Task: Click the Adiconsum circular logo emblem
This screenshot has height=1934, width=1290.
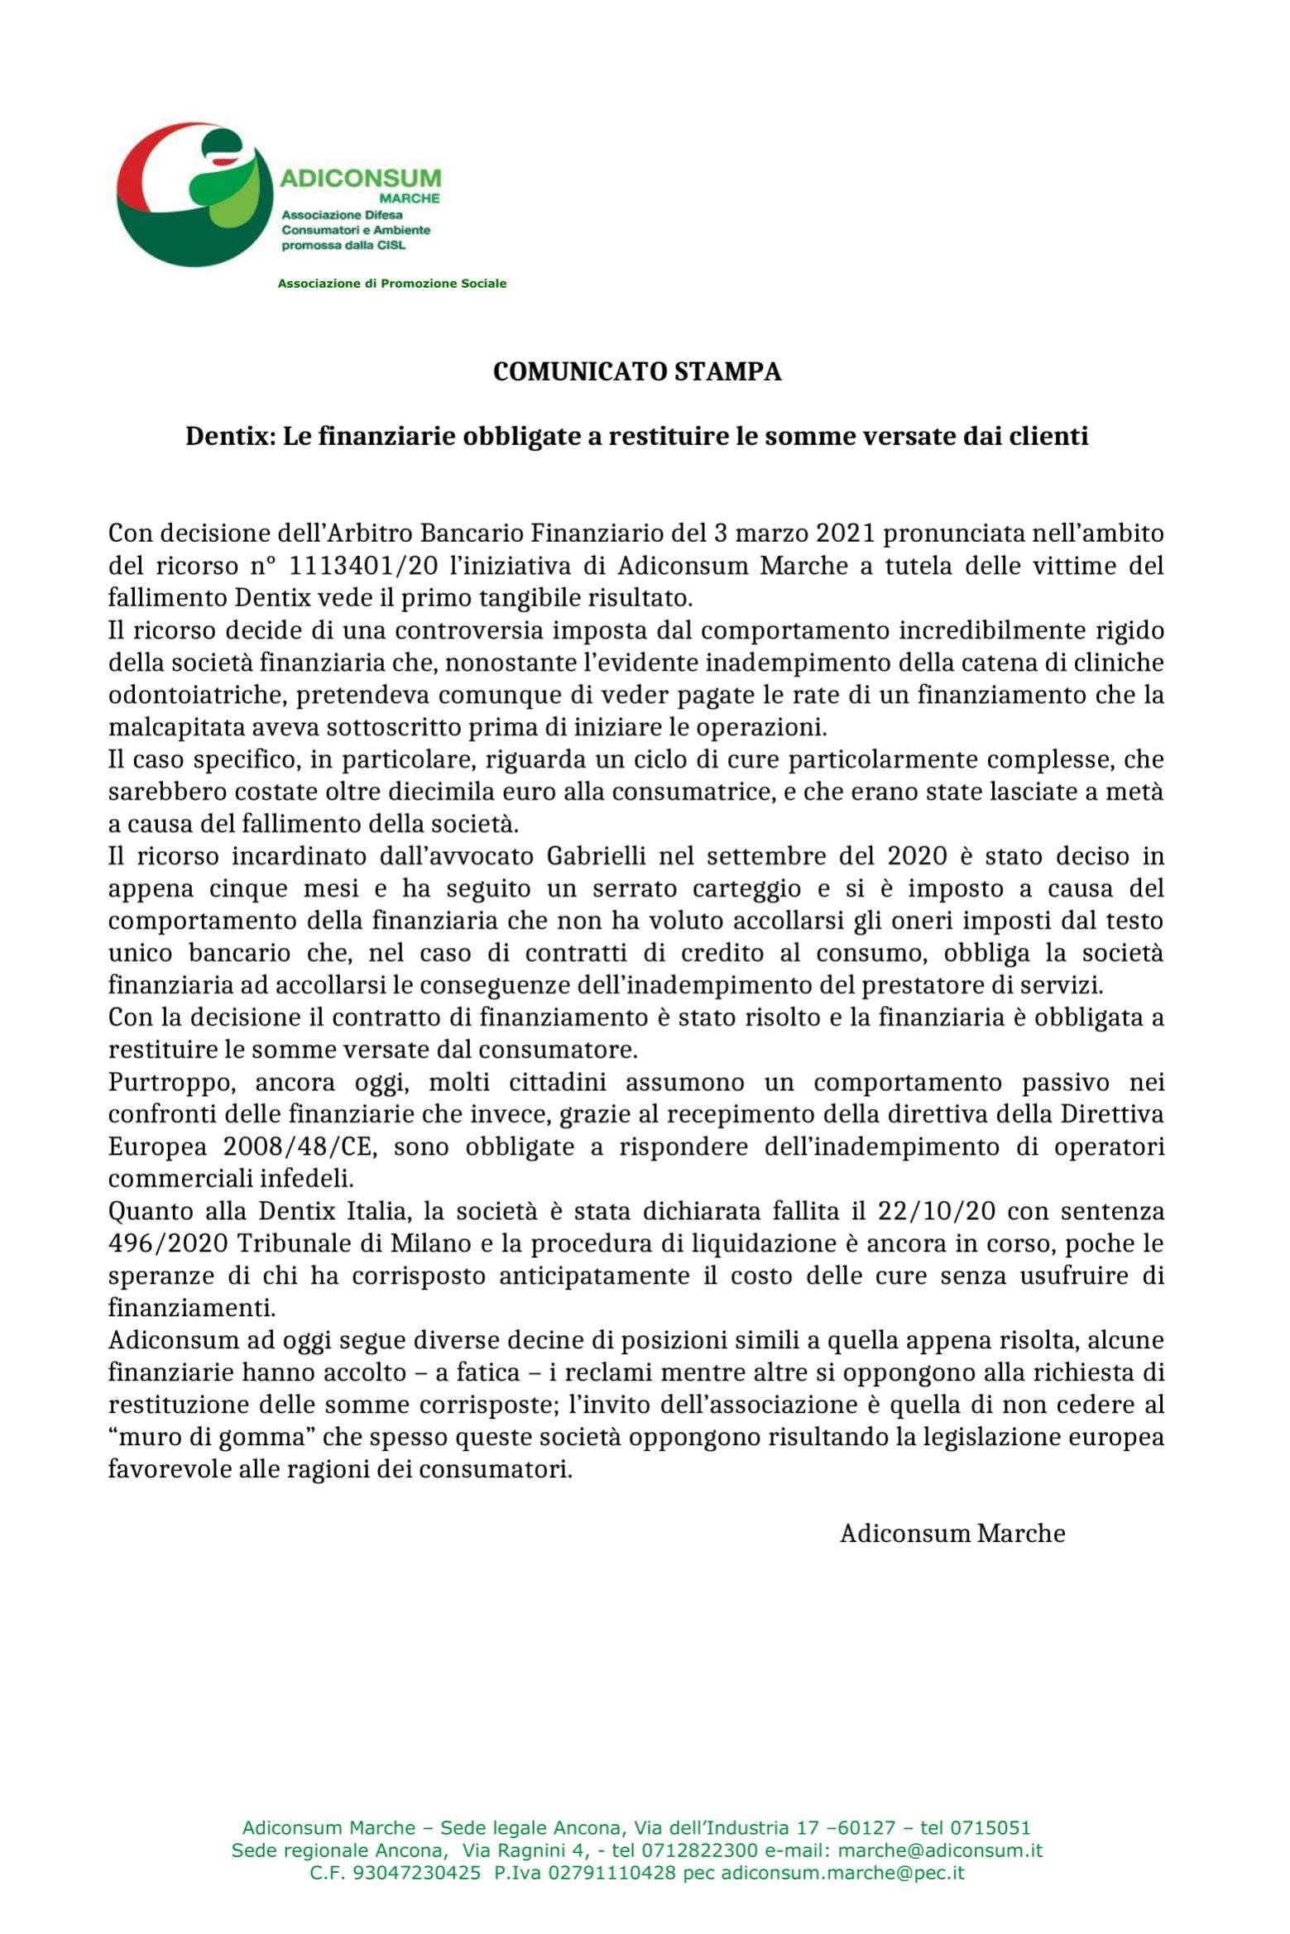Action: point(195,196)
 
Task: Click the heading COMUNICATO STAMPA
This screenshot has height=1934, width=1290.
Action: point(637,372)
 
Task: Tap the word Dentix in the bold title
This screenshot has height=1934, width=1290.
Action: point(229,436)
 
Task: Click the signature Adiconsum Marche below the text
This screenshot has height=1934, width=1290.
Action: point(952,1533)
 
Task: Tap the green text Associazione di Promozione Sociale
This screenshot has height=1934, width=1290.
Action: point(391,284)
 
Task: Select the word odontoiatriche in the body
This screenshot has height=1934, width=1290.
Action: point(195,695)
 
